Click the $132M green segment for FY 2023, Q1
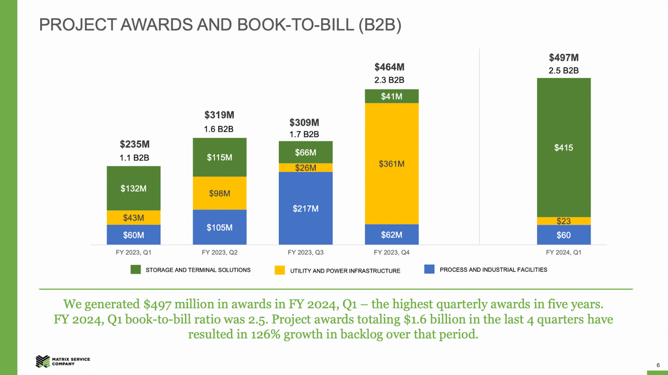(x=134, y=189)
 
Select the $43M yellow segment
(x=134, y=218)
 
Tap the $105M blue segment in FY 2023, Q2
(x=220, y=227)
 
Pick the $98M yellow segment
(x=220, y=193)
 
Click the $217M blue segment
(x=306, y=208)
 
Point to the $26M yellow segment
(x=306, y=168)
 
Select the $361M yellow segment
(x=391, y=163)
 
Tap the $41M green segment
(x=391, y=96)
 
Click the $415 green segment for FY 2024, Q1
(x=564, y=147)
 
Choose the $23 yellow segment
(x=564, y=221)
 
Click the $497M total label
(x=564, y=57)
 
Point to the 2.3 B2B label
(x=389, y=80)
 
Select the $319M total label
(x=219, y=115)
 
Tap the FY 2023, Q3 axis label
(x=306, y=253)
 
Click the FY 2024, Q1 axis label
(x=564, y=253)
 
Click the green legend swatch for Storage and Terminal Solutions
(x=136, y=269)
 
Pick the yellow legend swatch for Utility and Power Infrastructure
(x=280, y=270)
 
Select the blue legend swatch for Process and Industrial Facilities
(x=430, y=269)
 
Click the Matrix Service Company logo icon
(x=43, y=361)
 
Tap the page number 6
(x=658, y=365)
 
